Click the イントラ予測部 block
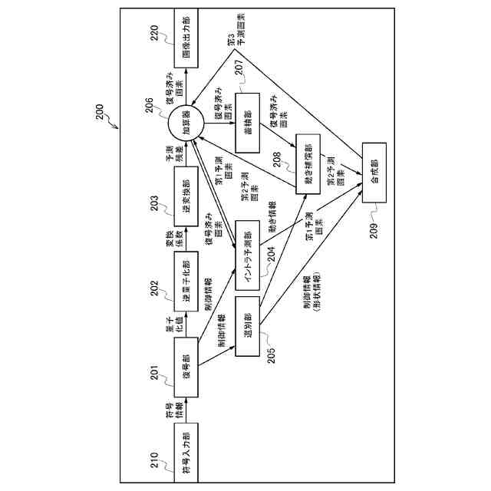point(247,252)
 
